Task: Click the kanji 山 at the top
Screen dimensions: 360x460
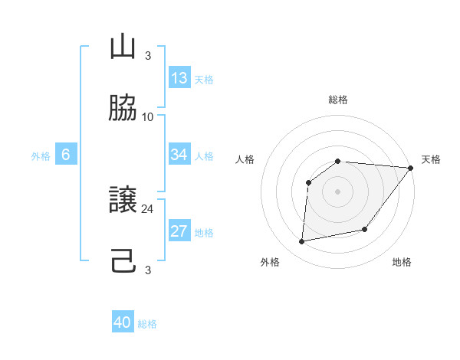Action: [x=123, y=48]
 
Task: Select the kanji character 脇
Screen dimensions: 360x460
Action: [x=123, y=109]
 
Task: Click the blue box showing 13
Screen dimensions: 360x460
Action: [x=179, y=78]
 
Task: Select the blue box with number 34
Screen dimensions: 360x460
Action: [x=179, y=155]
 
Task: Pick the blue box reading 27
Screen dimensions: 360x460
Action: [x=179, y=231]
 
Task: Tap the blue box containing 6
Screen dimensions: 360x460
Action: [x=66, y=155]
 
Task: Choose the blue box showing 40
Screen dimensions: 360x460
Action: [x=123, y=322]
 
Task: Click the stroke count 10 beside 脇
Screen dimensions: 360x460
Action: [x=148, y=117]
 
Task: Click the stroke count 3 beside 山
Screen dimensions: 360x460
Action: [x=148, y=56]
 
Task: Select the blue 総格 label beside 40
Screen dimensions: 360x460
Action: [x=148, y=324]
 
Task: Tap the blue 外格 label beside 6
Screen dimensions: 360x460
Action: [x=41, y=155]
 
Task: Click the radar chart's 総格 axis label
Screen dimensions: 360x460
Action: [x=338, y=100]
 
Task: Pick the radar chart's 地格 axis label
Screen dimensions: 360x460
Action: [x=402, y=262]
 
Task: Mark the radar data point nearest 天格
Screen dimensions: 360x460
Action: [x=411, y=168]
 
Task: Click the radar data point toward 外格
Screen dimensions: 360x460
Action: [x=302, y=242]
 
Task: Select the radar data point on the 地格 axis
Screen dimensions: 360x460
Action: [x=366, y=229]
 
